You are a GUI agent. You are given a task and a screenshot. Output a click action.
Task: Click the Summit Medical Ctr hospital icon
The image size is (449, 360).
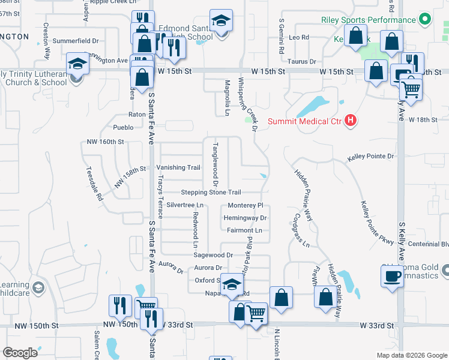point(351,121)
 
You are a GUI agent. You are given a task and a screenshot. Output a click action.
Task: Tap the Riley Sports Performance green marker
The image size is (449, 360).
point(425,20)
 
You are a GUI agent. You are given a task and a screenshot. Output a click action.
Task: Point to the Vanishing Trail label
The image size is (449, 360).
point(178,168)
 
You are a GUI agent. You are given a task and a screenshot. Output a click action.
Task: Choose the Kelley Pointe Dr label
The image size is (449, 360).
point(370,157)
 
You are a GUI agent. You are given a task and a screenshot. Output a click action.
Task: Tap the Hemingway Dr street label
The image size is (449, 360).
point(245,218)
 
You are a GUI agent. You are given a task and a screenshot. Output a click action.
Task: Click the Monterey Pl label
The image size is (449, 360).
point(245,205)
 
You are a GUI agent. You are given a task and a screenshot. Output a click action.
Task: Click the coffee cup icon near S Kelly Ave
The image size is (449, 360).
point(392,276)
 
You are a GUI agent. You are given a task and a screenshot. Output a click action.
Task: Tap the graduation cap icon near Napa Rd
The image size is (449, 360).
point(231,284)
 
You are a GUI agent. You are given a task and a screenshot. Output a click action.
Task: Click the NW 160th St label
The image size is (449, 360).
point(105,142)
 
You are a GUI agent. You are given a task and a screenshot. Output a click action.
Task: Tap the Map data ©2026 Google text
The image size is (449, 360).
point(411,355)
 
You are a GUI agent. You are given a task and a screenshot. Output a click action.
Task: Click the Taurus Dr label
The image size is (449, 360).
point(302,62)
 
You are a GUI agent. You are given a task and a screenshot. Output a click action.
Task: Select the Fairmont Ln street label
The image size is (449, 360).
point(245,230)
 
